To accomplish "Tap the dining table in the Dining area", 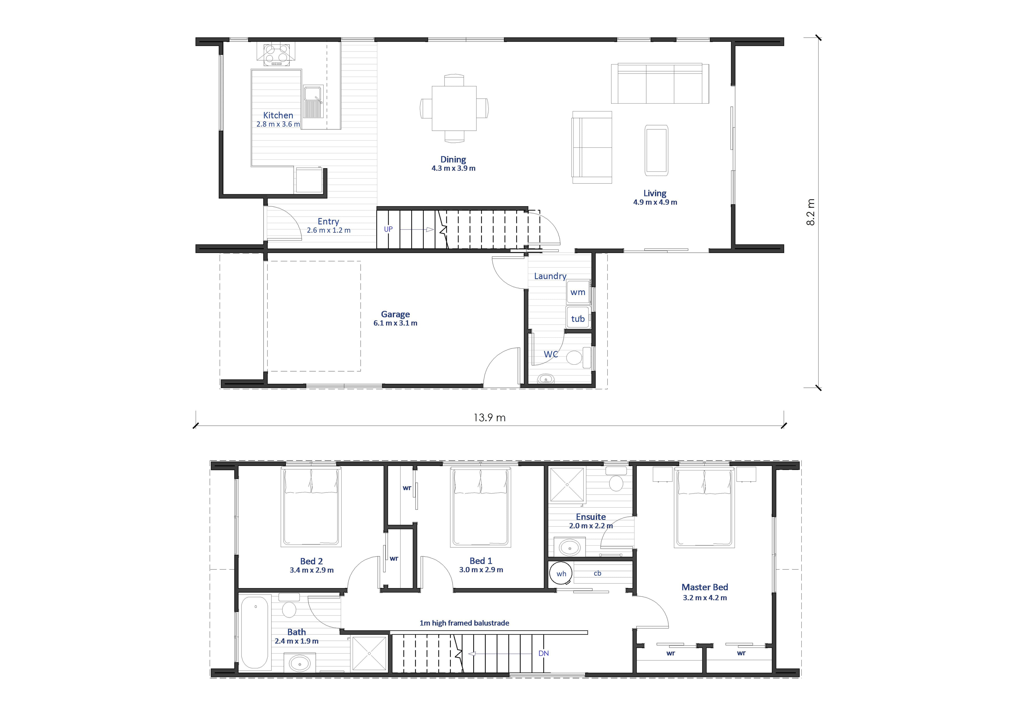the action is click(x=454, y=108).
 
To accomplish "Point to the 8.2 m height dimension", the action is click(x=811, y=212).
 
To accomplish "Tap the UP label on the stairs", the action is click(x=388, y=229).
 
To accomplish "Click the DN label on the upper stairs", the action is click(x=544, y=653).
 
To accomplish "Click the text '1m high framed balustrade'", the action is click(x=464, y=623).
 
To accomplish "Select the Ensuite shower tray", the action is click(x=567, y=484).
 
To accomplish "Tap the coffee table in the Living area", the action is click(x=656, y=150).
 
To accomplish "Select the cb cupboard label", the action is click(x=598, y=573).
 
